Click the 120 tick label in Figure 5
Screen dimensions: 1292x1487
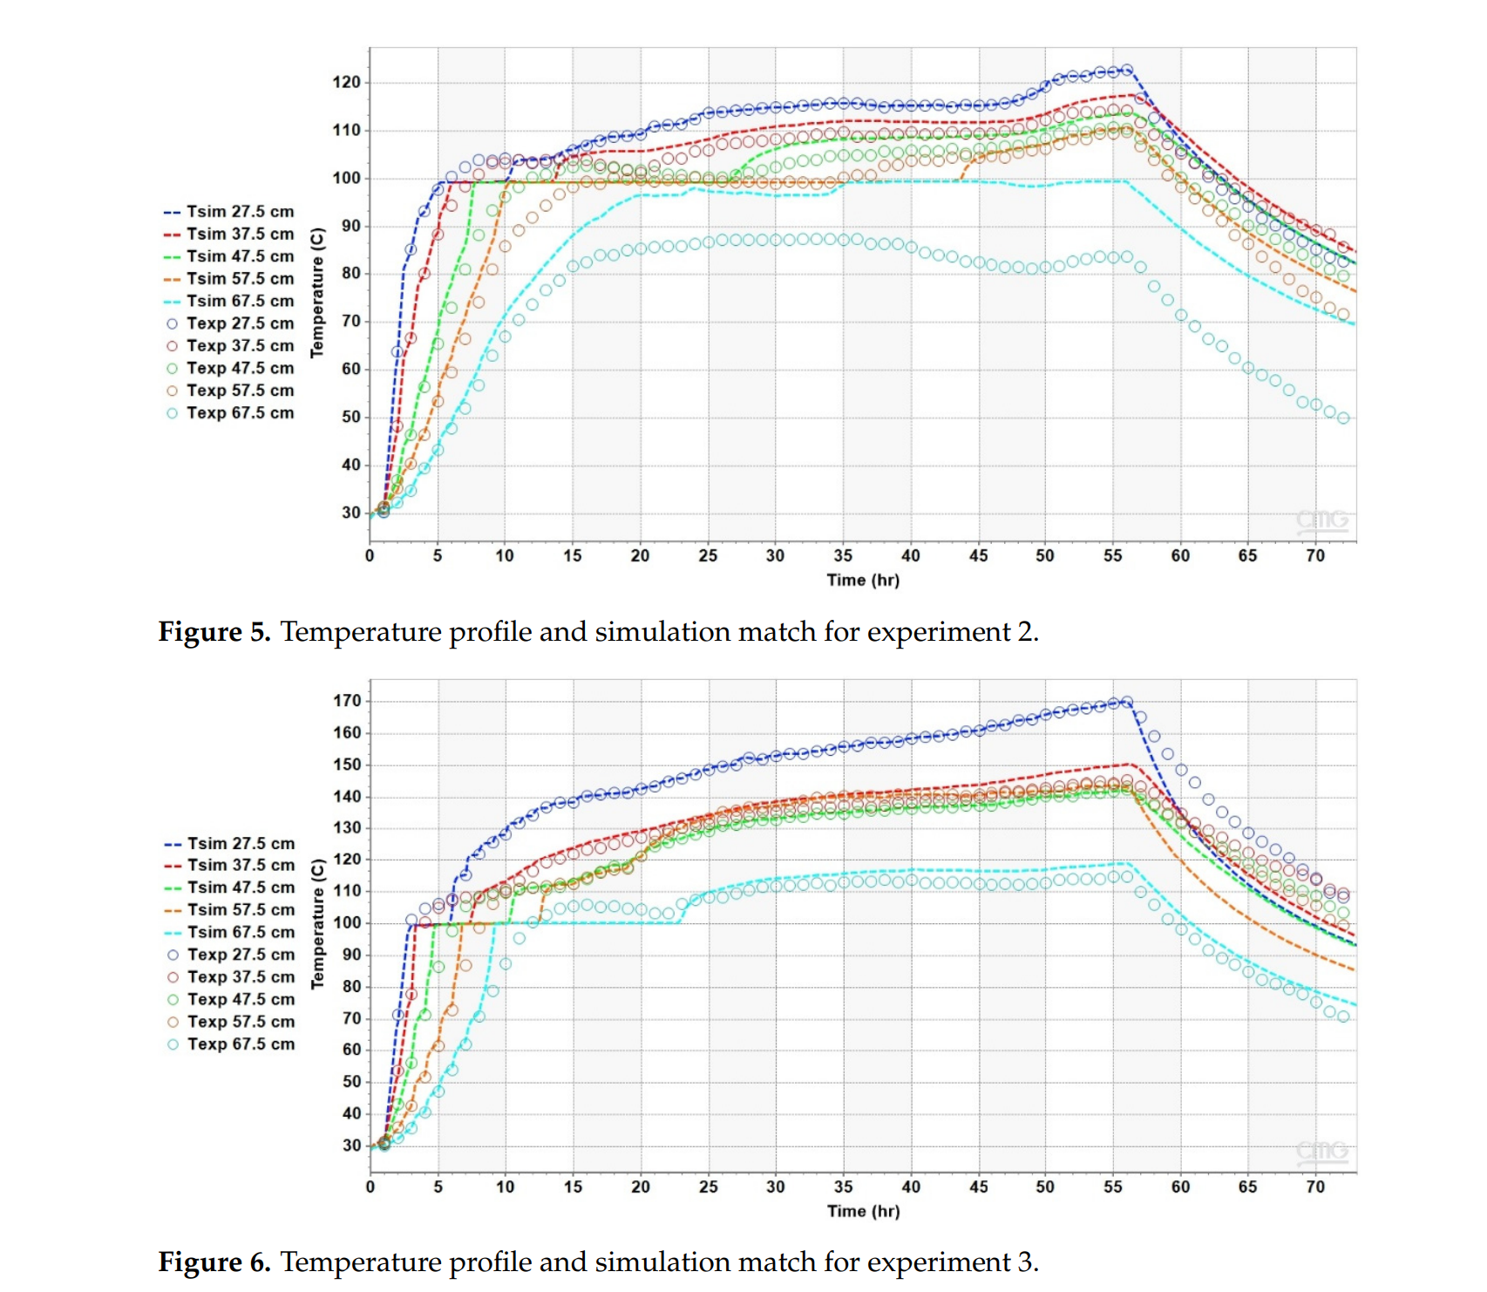coord(346,83)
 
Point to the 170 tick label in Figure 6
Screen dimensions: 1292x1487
coord(347,701)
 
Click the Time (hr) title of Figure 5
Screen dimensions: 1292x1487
coord(863,581)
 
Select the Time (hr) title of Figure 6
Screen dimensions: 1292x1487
coord(863,1212)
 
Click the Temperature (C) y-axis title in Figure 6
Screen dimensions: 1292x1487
coord(317,923)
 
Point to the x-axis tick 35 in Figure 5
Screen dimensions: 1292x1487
coord(843,556)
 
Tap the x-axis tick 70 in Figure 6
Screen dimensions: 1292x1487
coord(1315,1187)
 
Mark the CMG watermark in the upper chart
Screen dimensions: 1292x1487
coord(1322,520)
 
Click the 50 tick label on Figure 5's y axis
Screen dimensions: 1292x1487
coord(350,418)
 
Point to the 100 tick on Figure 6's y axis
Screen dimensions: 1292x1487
coord(347,923)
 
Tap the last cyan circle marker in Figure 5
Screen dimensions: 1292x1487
coord(1343,418)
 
